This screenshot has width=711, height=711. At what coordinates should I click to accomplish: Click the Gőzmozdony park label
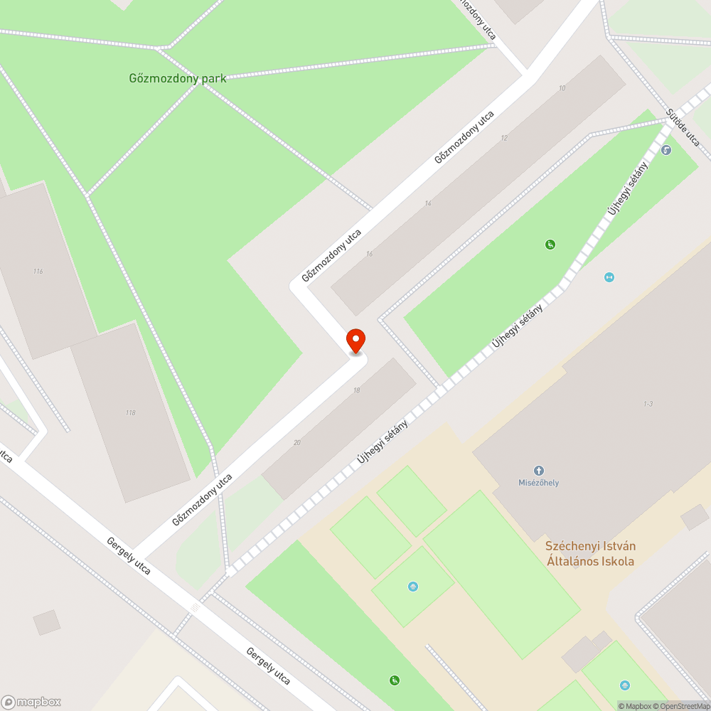178,78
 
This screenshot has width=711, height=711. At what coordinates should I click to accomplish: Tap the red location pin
355,341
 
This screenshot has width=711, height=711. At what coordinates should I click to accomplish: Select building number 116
38,272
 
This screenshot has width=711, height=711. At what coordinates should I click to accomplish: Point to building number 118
129,412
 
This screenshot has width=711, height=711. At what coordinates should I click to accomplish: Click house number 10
562,88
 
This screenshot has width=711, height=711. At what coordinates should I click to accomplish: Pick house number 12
504,137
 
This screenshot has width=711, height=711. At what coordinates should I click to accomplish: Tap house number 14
427,204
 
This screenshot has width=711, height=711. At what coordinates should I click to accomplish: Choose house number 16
369,254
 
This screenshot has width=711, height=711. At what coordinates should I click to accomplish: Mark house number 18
355,391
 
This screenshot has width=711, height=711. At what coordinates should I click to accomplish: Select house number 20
296,442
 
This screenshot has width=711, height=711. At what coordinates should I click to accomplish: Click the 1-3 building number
648,404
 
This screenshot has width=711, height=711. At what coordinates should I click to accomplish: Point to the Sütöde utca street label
683,128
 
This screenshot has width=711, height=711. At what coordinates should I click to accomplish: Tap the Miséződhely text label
538,483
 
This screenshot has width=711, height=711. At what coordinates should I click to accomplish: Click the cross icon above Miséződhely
539,471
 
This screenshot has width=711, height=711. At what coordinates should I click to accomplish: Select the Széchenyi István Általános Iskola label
590,554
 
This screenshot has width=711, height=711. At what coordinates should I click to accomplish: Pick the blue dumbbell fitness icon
609,277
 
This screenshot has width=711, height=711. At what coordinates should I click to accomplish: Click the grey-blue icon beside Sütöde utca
666,150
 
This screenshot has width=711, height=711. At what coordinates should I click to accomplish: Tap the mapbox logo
32,701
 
